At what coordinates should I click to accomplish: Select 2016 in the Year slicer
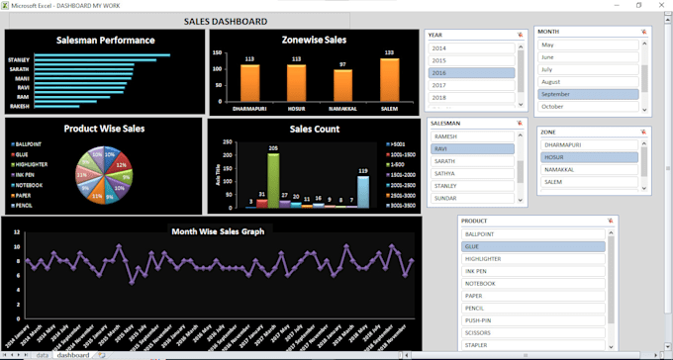pyautogui.click(x=471, y=73)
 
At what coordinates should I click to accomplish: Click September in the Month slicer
pyautogui.click(x=587, y=94)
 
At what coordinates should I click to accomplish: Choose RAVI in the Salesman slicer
pyautogui.click(x=472, y=148)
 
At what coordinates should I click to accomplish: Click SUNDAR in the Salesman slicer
pyautogui.click(x=472, y=197)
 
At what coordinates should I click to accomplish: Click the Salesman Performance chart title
pyautogui.click(x=105, y=41)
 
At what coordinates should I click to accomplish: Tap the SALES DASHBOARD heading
pyautogui.click(x=225, y=21)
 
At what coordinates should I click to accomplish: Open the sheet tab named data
pyautogui.click(x=43, y=354)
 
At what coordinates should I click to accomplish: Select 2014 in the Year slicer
pyautogui.click(x=471, y=47)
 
